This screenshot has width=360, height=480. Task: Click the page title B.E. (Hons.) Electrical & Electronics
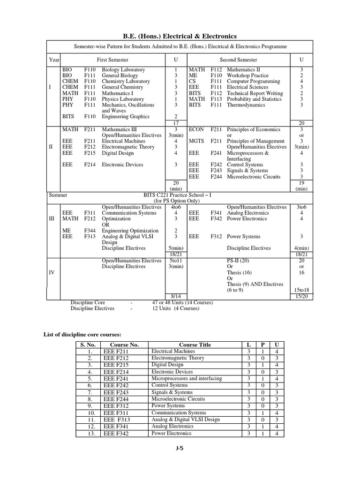pos(180,36)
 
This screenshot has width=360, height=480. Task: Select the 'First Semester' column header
pos(112,60)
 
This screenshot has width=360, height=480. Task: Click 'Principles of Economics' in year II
pos(254,129)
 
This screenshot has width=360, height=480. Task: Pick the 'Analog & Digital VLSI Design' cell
pos(186,420)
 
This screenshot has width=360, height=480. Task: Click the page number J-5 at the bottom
pos(180,449)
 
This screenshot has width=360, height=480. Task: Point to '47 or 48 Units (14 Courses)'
pos(182,303)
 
